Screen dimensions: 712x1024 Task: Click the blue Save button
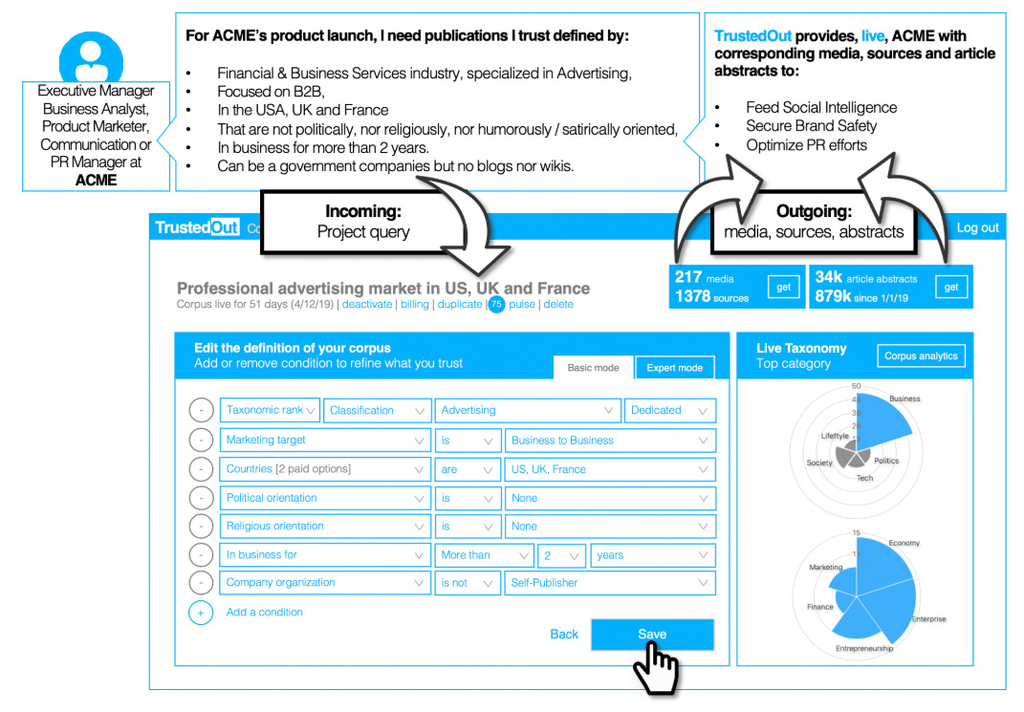click(652, 635)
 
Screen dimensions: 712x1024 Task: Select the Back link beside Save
click(564, 635)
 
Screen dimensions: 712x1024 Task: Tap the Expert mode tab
click(675, 368)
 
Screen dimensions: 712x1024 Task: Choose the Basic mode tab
click(593, 368)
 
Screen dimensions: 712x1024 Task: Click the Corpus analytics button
click(921, 356)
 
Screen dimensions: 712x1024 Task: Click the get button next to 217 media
click(784, 288)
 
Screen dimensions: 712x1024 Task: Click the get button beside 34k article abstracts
click(951, 288)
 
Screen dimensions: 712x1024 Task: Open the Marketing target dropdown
click(325, 441)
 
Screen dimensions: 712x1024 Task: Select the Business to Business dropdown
click(610, 441)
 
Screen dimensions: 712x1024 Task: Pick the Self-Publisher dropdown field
click(610, 583)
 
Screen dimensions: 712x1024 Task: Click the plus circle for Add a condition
click(201, 613)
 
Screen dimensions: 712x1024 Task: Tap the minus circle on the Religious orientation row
click(201, 527)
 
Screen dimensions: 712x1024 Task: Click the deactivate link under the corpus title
click(367, 305)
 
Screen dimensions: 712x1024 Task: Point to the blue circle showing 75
click(497, 305)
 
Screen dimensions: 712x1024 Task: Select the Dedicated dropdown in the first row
click(669, 411)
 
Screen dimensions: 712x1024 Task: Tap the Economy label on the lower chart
click(904, 543)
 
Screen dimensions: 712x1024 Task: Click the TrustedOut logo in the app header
click(197, 227)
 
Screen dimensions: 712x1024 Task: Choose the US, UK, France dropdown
click(610, 469)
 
